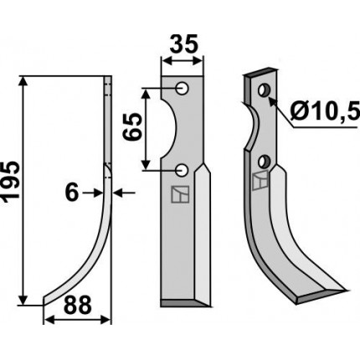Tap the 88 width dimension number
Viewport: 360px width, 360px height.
tap(78, 305)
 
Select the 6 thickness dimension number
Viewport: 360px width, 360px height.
tap(72, 193)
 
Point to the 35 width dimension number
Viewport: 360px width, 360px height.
tap(183, 44)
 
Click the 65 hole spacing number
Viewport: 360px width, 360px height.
tap(132, 126)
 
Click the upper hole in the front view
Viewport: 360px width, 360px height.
tap(183, 89)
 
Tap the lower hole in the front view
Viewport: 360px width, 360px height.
tap(183, 170)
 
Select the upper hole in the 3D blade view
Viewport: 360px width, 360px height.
tap(264, 90)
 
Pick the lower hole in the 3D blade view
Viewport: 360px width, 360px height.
tap(264, 162)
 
